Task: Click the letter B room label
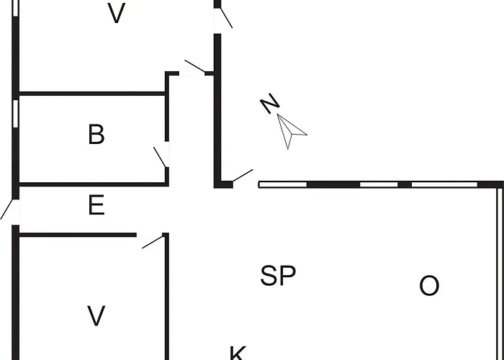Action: (x=96, y=135)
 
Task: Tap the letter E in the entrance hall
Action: (x=96, y=204)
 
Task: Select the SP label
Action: (x=278, y=276)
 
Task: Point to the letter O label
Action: (x=429, y=286)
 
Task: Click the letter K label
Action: (x=238, y=353)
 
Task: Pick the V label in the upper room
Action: (x=116, y=13)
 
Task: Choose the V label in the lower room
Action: (x=96, y=315)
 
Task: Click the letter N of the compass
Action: (x=270, y=103)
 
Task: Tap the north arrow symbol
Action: (x=290, y=130)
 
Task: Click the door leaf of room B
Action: (x=160, y=157)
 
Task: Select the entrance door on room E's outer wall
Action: (x=6, y=210)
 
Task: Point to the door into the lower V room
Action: (x=153, y=242)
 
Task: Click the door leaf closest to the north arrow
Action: (x=243, y=176)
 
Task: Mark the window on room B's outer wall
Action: (x=15, y=114)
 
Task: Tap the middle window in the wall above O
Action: (x=379, y=184)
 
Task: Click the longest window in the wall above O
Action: (x=444, y=184)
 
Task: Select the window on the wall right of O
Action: (x=500, y=274)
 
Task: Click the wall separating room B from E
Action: (x=94, y=184)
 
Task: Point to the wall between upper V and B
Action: (x=92, y=94)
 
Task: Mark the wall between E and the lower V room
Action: (x=78, y=235)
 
